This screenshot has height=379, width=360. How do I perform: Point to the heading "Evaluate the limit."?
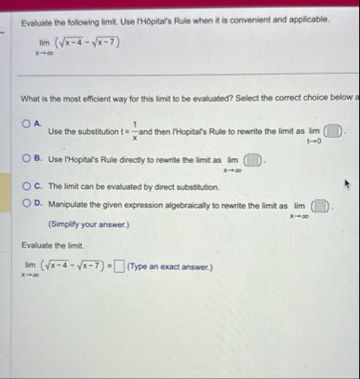53,247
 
